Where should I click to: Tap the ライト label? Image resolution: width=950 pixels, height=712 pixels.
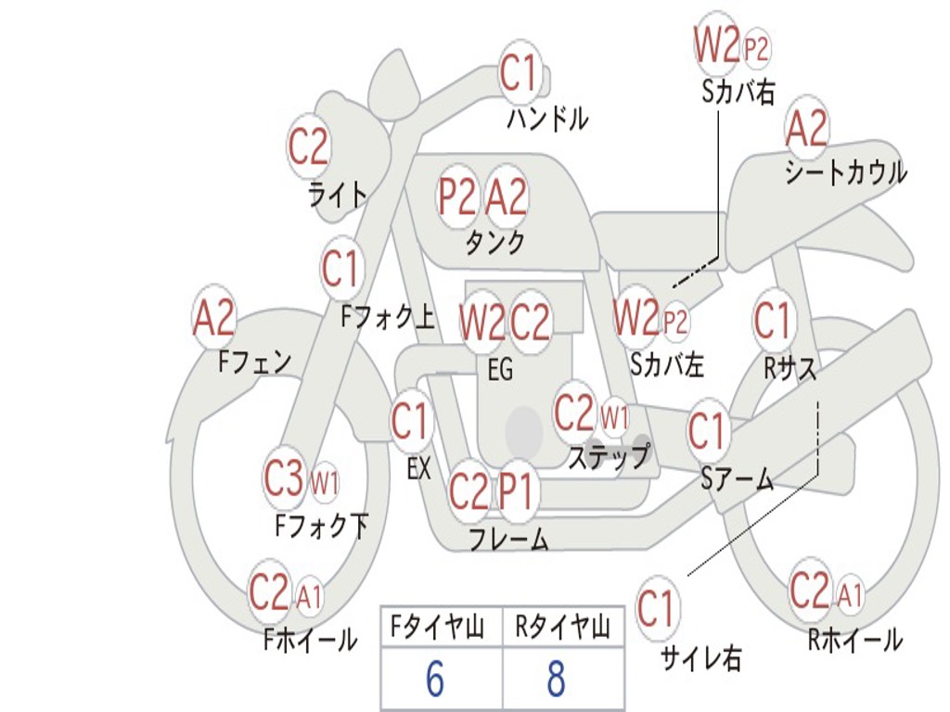tap(338, 195)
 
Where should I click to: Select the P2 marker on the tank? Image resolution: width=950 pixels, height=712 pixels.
tap(458, 197)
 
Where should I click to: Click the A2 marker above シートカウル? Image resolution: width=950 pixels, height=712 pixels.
tap(806, 128)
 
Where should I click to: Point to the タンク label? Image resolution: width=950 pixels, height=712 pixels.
tap(495, 242)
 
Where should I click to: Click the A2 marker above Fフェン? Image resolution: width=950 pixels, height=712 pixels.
tap(213, 317)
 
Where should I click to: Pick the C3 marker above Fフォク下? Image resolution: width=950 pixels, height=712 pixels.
tap(284, 477)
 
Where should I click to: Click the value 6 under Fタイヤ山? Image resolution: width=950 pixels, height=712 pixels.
tap(435, 678)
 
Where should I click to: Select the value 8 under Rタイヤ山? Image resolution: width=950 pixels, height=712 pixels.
tap(557, 678)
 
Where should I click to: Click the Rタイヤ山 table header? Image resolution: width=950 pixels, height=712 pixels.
tap(562, 627)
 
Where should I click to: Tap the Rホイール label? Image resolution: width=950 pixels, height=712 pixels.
tap(855, 640)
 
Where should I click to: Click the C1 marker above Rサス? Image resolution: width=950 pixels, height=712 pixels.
tap(773, 320)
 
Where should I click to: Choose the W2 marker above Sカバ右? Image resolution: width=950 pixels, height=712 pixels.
tap(717, 44)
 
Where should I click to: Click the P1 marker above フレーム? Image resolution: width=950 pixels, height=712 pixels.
tap(516, 490)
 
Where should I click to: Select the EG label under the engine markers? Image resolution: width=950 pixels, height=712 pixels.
tap(500, 369)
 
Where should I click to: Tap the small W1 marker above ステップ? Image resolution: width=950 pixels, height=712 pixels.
tap(614, 417)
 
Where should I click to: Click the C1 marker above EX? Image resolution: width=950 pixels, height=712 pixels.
tap(411, 420)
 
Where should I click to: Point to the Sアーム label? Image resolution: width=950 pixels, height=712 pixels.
tap(738, 479)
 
